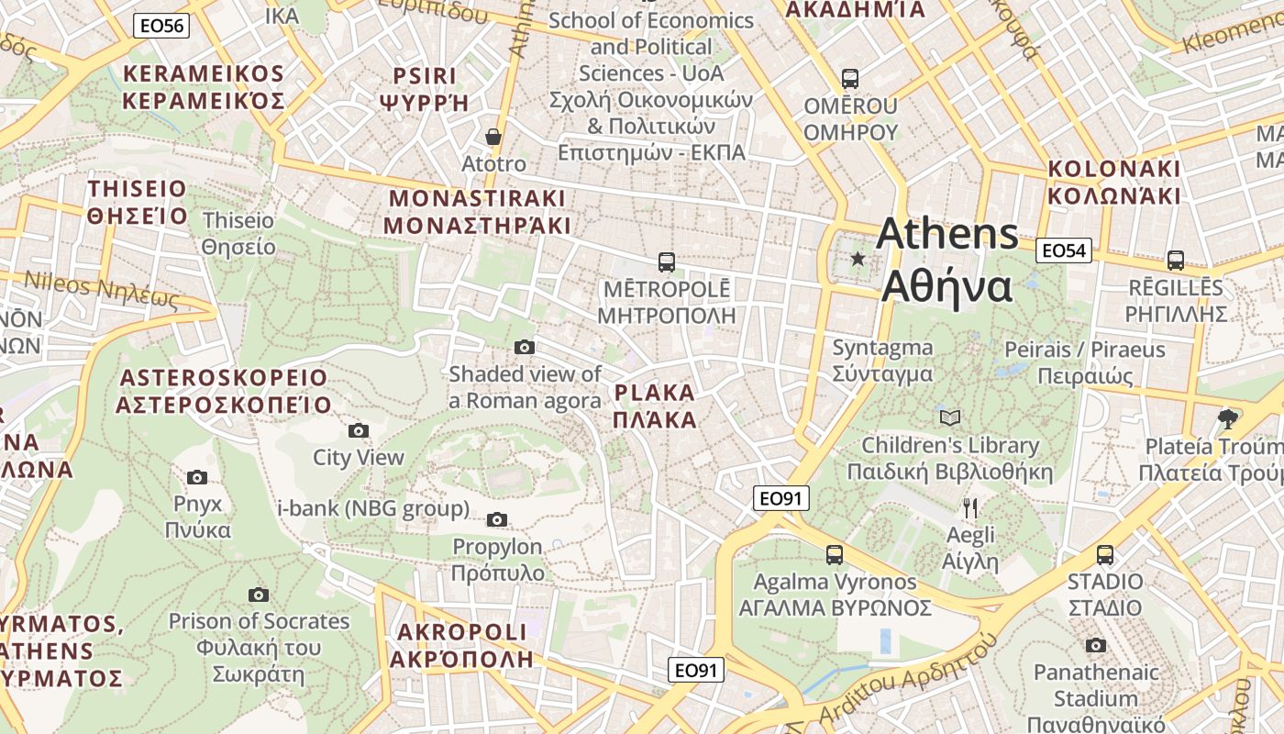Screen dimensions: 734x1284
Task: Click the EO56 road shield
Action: tap(161, 26)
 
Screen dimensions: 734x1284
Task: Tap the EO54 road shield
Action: tap(1064, 250)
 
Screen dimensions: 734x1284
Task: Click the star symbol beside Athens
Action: tap(858, 259)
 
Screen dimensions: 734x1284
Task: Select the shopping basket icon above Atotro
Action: tap(493, 137)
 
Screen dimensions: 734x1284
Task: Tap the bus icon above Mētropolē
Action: tap(667, 261)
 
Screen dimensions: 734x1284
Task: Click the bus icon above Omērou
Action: tap(850, 79)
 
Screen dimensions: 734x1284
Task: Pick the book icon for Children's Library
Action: tap(950, 418)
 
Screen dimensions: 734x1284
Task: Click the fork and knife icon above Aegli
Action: tap(970, 507)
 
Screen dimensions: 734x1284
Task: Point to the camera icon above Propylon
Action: tap(497, 519)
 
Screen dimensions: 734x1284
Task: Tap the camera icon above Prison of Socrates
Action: tap(259, 595)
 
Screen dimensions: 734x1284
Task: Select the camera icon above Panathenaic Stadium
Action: tap(1095, 645)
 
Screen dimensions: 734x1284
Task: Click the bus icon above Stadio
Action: tap(1105, 554)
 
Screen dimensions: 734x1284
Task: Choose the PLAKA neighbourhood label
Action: tap(655, 406)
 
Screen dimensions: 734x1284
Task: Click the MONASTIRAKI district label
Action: tap(477, 212)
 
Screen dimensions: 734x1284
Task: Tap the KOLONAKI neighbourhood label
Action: tap(1114, 182)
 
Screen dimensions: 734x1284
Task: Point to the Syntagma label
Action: tap(882, 361)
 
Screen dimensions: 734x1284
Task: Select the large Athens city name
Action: tap(946, 260)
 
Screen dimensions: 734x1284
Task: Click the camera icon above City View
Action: tap(359, 430)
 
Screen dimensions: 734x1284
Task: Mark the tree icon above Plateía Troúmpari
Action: tap(1227, 419)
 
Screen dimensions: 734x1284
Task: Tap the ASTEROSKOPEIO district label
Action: tap(224, 391)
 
